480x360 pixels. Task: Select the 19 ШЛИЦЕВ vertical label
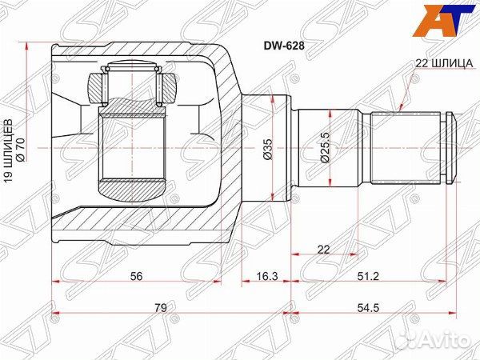[x=9, y=157]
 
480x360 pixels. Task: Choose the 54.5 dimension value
[x=373, y=305]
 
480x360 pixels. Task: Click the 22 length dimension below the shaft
[x=322, y=250]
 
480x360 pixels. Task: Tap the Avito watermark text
[x=448, y=342]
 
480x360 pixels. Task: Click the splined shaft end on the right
[x=412, y=149]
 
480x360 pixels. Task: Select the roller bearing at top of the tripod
[x=133, y=84]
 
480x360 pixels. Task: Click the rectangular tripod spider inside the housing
[x=132, y=149]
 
